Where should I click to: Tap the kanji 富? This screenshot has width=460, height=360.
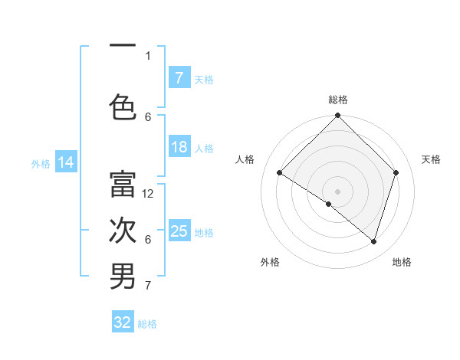[123, 184]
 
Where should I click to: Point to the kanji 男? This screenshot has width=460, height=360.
[123, 277]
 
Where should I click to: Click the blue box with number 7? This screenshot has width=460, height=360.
[179, 78]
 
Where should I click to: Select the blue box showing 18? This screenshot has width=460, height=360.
[179, 148]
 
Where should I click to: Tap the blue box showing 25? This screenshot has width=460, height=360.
[179, 231]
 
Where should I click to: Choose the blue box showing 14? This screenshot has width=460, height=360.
[65, 162]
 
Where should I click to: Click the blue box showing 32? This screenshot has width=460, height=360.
[123, 322]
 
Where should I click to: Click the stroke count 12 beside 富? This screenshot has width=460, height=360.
[149, 194]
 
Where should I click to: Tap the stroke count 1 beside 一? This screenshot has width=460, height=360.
[148, 55]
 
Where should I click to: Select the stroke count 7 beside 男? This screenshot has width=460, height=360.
[148, 286]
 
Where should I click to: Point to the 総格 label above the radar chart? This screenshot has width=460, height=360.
[338, 100]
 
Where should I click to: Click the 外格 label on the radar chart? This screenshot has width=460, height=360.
[270, 262]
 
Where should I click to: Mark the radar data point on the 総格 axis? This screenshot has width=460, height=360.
[338, 116]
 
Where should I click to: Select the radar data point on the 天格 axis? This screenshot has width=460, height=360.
[396, 172]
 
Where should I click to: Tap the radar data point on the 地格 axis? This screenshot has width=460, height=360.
[374, 241]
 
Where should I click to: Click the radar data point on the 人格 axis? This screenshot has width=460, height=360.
[280, 172]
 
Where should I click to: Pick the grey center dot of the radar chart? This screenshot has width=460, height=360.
[338, 191]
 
